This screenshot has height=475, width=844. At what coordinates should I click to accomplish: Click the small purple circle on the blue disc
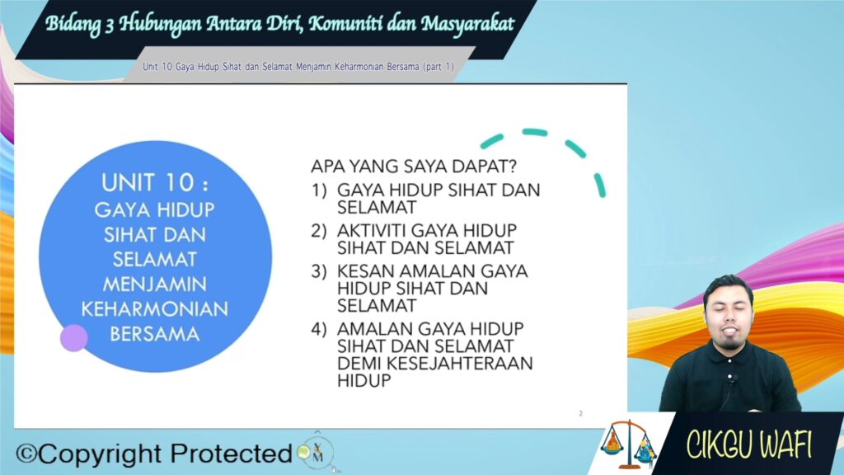[x=73, y=338]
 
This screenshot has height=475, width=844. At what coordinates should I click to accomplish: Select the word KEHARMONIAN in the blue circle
[x=155, y=309]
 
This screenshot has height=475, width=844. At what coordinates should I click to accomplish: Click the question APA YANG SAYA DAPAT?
[x=414, y=166]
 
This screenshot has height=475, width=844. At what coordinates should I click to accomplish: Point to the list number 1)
[x=319, y=190]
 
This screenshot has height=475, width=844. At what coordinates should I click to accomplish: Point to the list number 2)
[x=319, y=231]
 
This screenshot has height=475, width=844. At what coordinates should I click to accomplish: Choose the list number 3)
[x=319, y=270]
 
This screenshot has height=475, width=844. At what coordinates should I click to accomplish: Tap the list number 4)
[x=319, y=328]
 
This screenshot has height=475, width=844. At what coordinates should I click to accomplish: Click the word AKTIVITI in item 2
[x=372, y=231]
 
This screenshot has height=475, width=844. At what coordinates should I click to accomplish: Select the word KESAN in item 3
[x=365, y=270]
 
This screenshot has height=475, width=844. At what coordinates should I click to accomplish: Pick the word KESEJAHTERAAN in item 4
[x=459, y=364]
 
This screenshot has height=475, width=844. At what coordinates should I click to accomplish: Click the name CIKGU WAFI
[x=748, y=444]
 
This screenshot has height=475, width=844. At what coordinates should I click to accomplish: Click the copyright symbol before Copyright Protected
[x=26, y=454]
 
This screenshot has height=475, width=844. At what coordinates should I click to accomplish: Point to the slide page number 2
[x=581, y=413]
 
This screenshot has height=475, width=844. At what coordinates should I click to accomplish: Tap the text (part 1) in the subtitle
[x=438, y=67]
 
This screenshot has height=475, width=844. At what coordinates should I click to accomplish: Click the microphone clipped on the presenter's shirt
[x=730, y=377]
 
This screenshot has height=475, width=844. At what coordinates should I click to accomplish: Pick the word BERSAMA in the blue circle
[x=155, y=335]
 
